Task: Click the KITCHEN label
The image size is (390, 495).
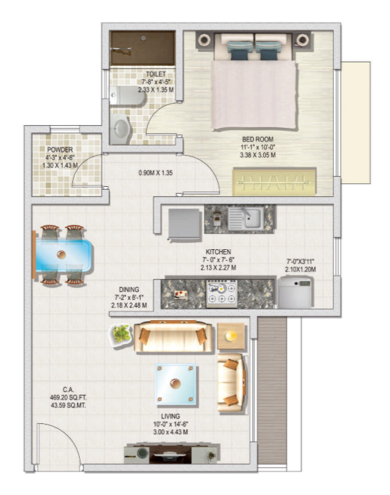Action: (x=219, y=252)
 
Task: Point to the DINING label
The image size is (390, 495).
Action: (x=128, y=287)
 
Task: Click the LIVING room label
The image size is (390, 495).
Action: (x=170, y=416)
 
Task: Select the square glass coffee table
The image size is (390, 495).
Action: (x=177, y=385)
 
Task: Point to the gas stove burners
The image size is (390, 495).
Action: (x=221, y=293)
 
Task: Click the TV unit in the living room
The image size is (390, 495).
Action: (x=172, y=453)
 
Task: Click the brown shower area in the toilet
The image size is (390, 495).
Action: (x=143, y=47)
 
